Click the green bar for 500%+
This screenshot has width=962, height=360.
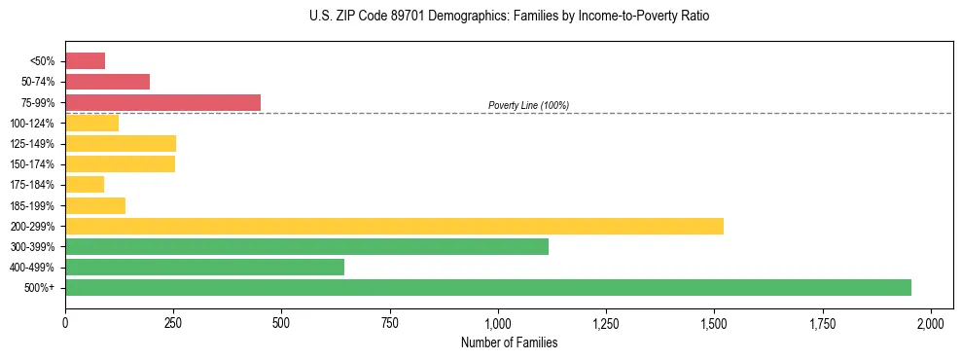click(x=488, y=287)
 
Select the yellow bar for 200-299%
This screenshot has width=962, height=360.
click(x=394, y=226)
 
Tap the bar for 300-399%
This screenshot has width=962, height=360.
click(x=306, y=246)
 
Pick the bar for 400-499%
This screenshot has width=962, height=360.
click(x=204, y=267)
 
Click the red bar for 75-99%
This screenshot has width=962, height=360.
click(x=162, y=102)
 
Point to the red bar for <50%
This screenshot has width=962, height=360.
click(x=85, y=60)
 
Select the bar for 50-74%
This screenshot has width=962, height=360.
click(x=107, y=82)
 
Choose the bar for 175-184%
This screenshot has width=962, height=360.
click(x=85, y=184)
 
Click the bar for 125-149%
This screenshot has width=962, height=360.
click(x=121, y=143)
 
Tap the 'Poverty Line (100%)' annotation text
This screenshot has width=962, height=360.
click(x=528, y=105)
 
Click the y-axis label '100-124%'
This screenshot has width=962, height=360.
click(x=32, y=124)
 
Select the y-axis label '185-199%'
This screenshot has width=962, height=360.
click(x=32, y=205)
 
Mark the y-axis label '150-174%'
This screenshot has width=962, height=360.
click(x=32, y=164)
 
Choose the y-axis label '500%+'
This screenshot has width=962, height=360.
click(x=38, y=288)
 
